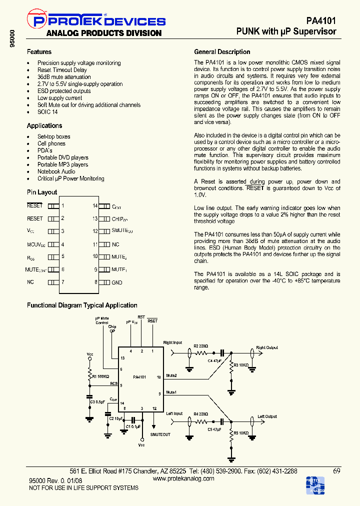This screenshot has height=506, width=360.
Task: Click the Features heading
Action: coord(39,52)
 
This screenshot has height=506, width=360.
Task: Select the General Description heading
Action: coord(222,52)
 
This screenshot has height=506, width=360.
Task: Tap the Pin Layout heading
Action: coord(42,192)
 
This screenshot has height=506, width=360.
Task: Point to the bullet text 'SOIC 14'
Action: coord(47,112)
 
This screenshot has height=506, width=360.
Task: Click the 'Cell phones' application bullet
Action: coord(51,143)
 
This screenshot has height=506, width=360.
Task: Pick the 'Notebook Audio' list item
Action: coord(56,171)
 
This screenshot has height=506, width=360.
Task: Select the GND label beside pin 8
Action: coord(117,282)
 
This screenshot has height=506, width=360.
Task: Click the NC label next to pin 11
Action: coord(115,244)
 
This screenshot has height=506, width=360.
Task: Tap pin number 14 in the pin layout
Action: coord(94,206)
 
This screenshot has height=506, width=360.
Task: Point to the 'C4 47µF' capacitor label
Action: coord(214,360)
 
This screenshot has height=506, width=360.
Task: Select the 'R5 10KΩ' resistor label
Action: coord(241,433)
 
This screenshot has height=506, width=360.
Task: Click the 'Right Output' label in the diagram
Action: coord(267,347)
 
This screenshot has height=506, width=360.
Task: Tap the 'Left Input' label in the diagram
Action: coord(174,414)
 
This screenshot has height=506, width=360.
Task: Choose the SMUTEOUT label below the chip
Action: coord(160,434)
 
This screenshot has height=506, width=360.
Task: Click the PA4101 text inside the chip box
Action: coord(139,376)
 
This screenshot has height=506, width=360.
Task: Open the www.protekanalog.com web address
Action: coord(183,478)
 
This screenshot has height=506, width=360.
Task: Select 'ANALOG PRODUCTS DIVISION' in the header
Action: coord(104,33)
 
